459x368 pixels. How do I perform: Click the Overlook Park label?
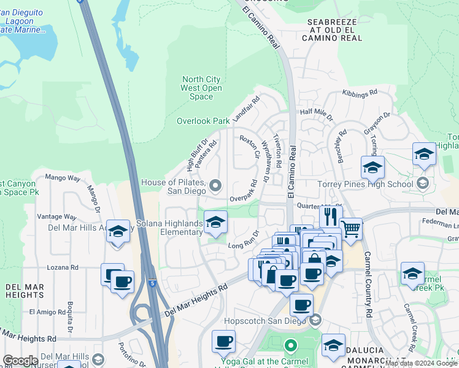pos(203,121)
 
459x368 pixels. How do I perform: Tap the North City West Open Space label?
pos(201,88)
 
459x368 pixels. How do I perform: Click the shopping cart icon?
pos(350,229)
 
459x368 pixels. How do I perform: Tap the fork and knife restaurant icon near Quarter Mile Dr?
pos(331,216)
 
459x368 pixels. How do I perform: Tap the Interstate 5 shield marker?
pos(152,284)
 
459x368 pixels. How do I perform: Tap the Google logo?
pos(20,361)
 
